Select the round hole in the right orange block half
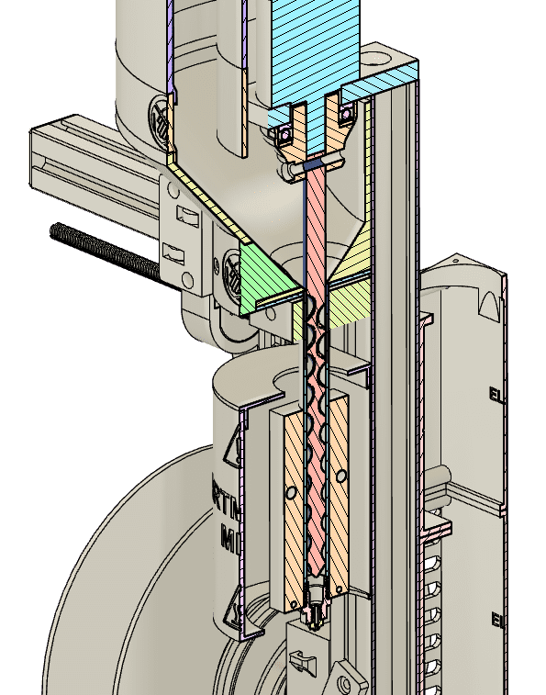340,477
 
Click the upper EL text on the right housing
496,397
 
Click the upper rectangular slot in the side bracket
186,218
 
